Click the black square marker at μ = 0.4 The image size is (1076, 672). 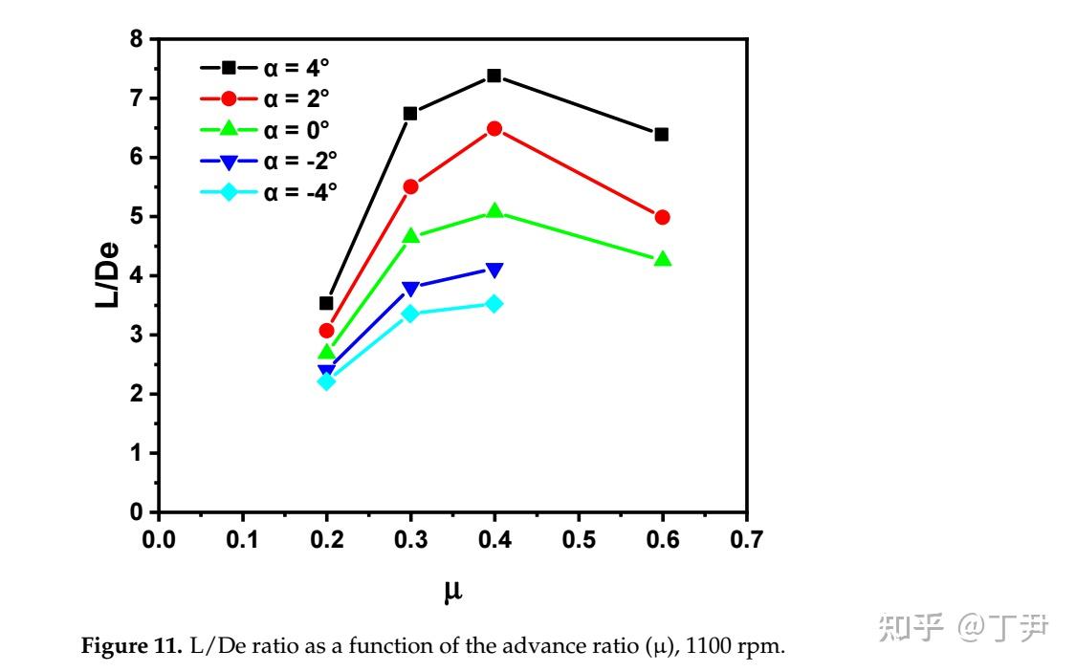[x=494, y=76]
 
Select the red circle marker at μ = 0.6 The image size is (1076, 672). [x=662, y=217]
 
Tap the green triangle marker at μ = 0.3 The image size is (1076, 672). [x=410, y=235]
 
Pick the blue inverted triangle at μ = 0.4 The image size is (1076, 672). [x=494, y=271]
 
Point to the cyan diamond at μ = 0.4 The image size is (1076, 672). [x=494, y=303]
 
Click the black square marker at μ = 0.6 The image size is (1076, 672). [x=662, y=134]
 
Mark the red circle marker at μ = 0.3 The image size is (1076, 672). [x=410, y=186]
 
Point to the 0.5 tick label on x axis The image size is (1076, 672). [x=579, y=540]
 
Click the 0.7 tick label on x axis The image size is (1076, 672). [x=746, y=540]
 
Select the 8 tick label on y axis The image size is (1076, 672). [x=136, y=39]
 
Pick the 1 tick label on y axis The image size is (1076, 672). [x=136, y=453]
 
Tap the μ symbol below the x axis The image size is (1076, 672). [x=453, y=590]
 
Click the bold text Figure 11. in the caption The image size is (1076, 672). [x=124, y=647]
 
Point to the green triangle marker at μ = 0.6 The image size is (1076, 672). [x=662, y=259]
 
